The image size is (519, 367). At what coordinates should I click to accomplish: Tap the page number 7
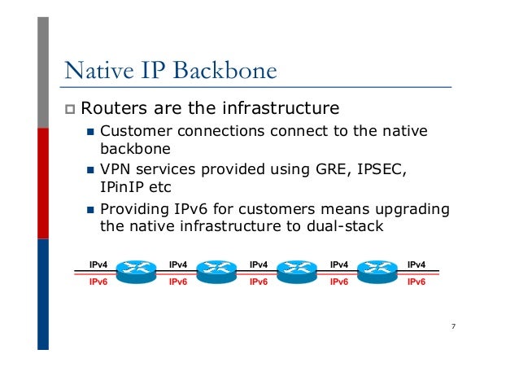(452, 327)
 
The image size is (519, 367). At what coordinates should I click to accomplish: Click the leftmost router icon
(136, 270)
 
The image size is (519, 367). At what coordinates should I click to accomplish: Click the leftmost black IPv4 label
(98, 264)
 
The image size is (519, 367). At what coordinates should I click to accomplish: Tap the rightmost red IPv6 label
(417, 282)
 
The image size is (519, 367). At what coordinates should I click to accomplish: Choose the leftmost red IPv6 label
(98, 282)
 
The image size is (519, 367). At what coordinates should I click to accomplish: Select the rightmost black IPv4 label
(417, 264)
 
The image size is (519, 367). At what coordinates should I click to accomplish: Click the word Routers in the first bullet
(111, 108)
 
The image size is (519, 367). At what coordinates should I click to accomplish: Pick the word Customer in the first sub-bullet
(133, 131)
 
